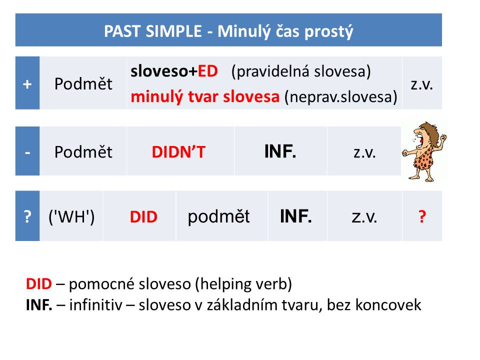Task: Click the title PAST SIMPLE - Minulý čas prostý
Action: tap(228, 31)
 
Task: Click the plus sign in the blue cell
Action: tap(27, 84)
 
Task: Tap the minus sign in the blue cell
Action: tap(27, 152)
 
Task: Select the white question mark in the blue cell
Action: tap(27, 217)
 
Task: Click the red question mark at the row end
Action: tap(422, 217)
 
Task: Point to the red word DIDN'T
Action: tap(178, 152)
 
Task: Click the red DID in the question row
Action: tap(143, 217)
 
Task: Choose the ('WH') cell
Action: tap(71, 217)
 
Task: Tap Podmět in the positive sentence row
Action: tap(83, 84)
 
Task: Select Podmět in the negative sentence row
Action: tap(83, 152)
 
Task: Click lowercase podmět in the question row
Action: tap(218, 216)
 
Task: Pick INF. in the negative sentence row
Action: tap(280, 151)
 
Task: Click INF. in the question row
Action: tap(296, 216)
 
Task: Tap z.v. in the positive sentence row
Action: tap(421, 84)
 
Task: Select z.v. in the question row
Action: tap(364, 217)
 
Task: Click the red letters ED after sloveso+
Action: tap(207, 71)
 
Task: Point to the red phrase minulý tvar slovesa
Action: tap(205, 96)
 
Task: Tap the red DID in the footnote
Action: tap(38, 284)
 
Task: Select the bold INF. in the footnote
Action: tap(39, 304)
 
